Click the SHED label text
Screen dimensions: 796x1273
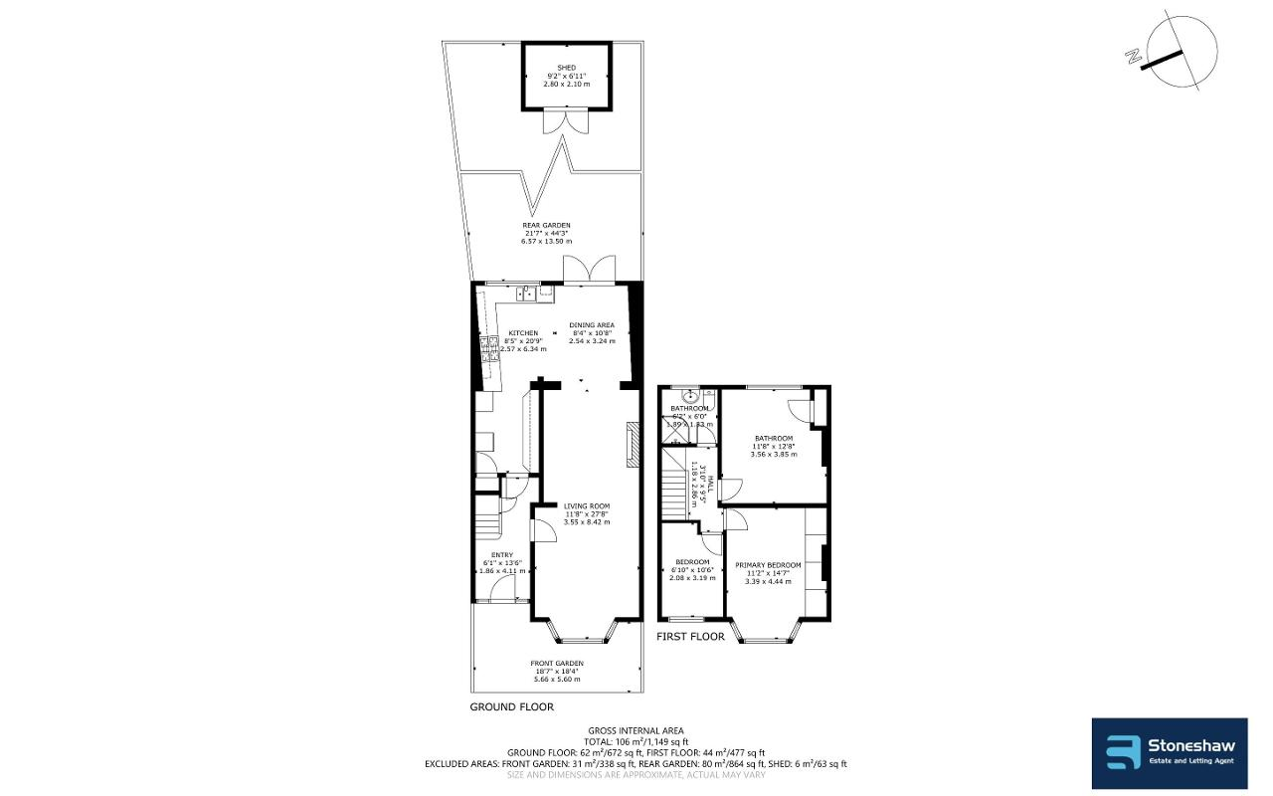click(x=567, y=68)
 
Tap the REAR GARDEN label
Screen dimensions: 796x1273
click(x=547, y=226)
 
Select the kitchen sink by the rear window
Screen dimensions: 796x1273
click(x=528, y=293)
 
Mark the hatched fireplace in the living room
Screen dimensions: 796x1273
click(x=633, y=446)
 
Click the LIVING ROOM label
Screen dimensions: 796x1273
click(x=586, y=505)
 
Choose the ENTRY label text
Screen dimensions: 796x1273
click(x=501, y=555)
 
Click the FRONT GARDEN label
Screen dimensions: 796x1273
click(x=556, y=664)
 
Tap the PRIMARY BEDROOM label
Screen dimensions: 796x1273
click(x=768, y=565)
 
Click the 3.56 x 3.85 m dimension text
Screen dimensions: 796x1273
click(x=773, y=455)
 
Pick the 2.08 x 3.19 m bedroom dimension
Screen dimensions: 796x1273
click(x=692, y=577)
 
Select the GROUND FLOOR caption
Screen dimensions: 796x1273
click(x=511, y=707)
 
